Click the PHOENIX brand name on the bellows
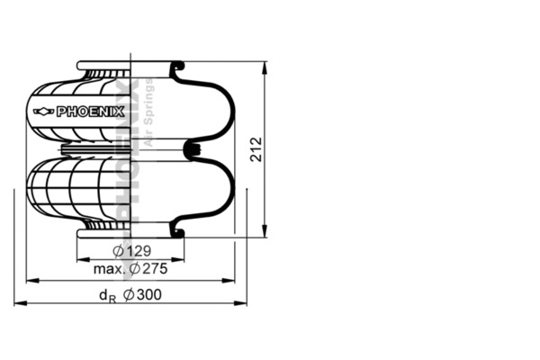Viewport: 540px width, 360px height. (90, 112)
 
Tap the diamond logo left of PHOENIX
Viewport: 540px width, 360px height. (44, 112)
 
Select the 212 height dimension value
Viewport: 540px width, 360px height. (256, 149)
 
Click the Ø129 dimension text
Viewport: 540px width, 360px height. (132, 251)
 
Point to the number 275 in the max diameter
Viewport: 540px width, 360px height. (155, 269)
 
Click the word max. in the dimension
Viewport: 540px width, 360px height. (109, 269)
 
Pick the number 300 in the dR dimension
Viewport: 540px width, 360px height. (148, 294)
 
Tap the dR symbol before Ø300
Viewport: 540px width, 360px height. (107, 296)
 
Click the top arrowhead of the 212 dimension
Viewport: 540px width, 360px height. (265, 67)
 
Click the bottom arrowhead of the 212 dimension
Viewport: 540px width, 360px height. (265, 231)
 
